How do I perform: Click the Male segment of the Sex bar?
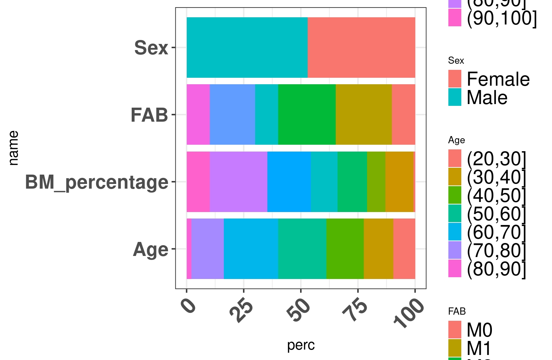pos(247,48)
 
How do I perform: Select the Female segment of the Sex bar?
pos(361,48)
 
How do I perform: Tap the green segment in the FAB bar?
pos(307,114)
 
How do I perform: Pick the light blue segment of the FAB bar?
pos(232,114)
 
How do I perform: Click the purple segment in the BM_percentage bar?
pos(238,182)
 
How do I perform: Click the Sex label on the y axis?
pos(151,48)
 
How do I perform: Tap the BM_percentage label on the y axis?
pos(96,182)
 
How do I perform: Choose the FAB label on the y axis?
pos(149,115)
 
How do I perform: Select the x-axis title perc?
pos(301,345)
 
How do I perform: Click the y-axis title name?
pos(13,148)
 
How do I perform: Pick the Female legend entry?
pos(498,79)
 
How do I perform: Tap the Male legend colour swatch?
pos(454,98)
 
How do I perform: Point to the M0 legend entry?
pos(479,330)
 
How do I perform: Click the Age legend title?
pos(456,140)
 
